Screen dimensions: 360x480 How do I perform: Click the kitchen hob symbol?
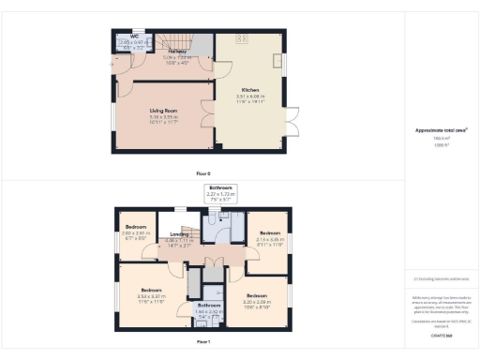pyautogui.click(x=240, y=38)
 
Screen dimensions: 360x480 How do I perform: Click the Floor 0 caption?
pyautogui.click(x=203, y=173)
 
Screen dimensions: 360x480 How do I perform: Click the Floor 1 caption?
pyautogui.click(x=203, y=342)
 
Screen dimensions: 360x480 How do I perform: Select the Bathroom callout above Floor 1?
pyautogui.click(x=221, y=188)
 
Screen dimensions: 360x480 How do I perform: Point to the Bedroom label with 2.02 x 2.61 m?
pyautogui.click(x=136, y=226)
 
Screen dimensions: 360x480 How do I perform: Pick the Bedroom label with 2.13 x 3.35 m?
pyautogui.click(x=270, y=232)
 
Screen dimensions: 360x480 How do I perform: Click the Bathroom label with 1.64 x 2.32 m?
pyautogui.click(x=208, y=307)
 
